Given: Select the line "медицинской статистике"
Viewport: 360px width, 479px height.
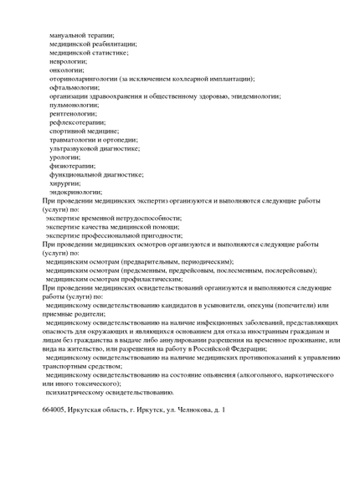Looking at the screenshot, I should (x=89, y=53).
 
